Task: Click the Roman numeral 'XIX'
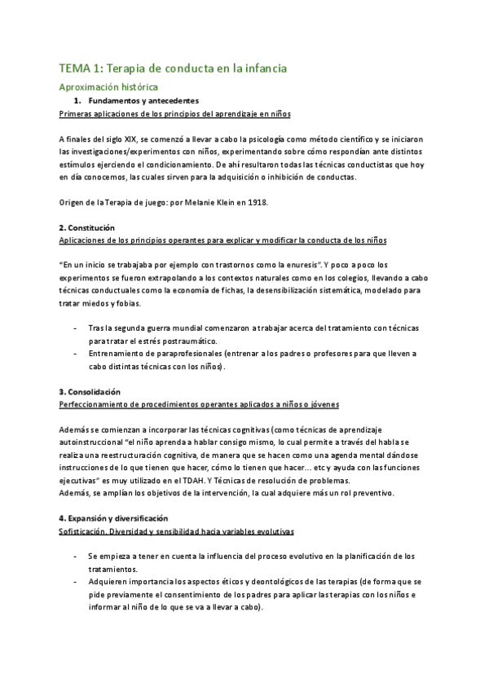132,139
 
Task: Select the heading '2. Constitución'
87,227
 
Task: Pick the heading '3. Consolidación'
90,391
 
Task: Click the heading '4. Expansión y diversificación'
114,517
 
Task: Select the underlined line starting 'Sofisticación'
177,530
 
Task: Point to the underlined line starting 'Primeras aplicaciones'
175,113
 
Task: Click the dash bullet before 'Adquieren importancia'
76,582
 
